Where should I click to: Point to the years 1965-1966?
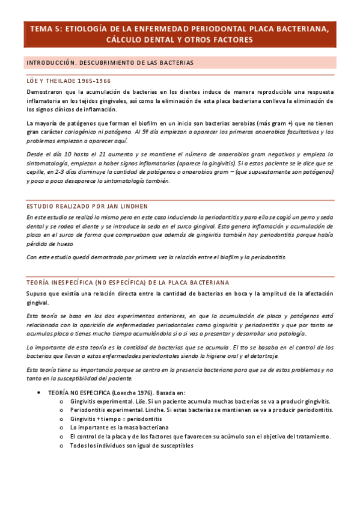tap(93, 81)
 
